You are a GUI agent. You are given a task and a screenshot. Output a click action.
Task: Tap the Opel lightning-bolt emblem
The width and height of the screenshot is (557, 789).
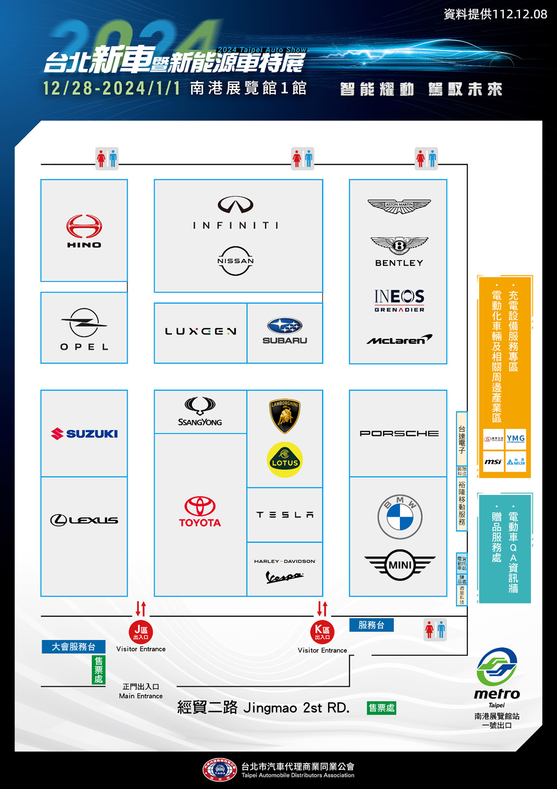(x=84, y=322)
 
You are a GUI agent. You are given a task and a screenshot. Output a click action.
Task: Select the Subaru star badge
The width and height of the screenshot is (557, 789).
(x=285, y=326)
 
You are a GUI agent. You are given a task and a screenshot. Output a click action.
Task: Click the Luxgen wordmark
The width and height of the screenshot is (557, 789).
(x=201, y=331)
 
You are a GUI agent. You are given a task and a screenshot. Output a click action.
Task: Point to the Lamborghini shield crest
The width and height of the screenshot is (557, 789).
(x=285, y=415)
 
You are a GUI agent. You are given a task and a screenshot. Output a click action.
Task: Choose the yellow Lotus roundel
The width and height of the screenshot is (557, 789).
(x=285, y=460)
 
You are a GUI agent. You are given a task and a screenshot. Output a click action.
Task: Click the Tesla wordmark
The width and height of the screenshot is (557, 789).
(x=285, y=515)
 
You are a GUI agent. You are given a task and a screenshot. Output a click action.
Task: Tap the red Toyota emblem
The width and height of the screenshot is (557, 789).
(x=200, y=506)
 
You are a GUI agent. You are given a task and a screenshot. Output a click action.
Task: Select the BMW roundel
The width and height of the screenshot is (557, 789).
(x=400, y=517)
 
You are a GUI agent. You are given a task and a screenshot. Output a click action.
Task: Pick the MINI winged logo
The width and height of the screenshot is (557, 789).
(x=400, y=565)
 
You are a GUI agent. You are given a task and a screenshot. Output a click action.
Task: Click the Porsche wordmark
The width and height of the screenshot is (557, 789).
(x=399, y=434)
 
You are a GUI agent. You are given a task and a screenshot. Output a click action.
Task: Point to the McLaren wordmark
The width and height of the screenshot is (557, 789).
(x=399, y=340)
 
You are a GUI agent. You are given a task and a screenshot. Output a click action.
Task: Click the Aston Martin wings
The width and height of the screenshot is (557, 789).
(x=399, y=206)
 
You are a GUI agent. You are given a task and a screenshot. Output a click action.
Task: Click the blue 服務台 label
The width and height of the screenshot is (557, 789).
(x=371, y=625)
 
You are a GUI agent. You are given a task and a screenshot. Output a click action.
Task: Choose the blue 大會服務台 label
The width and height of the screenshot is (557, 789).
(x=73, y=647)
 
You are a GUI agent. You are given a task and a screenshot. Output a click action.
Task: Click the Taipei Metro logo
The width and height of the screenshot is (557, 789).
(x=497, y=667)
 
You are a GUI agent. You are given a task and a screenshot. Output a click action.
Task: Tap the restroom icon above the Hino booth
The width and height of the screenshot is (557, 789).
(x=107, y=159)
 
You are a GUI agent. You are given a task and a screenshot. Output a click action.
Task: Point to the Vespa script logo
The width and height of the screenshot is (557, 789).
(x=284, y=577)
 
